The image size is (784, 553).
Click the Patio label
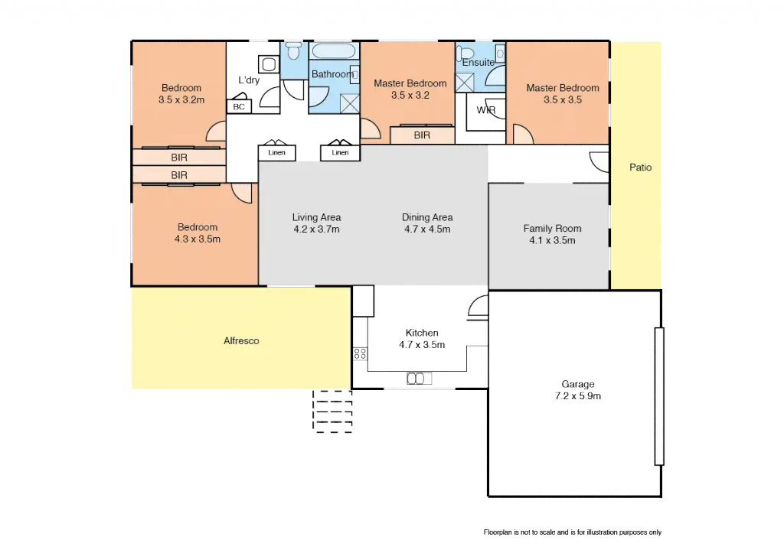tap(640, 167)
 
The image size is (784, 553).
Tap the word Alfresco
tap(241, 341)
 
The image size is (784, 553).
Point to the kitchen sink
tap(415, 378)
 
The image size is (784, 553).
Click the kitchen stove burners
tap(358, 354)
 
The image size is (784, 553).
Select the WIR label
tap(485, 111)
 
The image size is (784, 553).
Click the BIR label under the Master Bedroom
tap(422, 135)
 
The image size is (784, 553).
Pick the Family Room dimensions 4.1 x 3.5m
tap(552, 240)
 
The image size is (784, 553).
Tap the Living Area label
tap(316, 217)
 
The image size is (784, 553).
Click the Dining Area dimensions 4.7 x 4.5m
tap(426, 229)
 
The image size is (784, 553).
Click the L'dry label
tap(248, 80)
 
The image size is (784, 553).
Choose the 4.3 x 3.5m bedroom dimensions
tap(198, 239)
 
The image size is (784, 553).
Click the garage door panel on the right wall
tap(658, 395)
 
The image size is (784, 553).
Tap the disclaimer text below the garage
tap(572, 532)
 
